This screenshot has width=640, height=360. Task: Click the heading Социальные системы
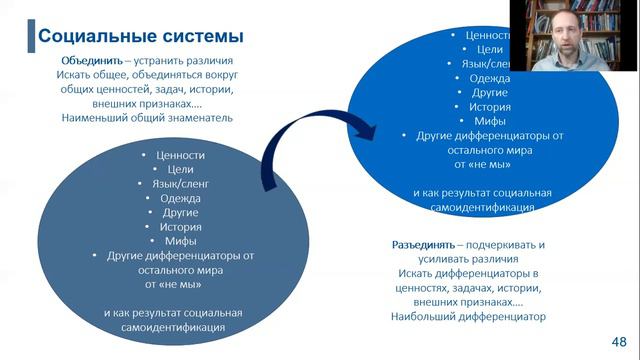140,38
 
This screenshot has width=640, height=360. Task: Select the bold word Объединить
89,61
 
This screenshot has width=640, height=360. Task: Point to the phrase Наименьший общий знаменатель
147,117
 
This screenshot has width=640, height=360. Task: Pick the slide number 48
619,339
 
